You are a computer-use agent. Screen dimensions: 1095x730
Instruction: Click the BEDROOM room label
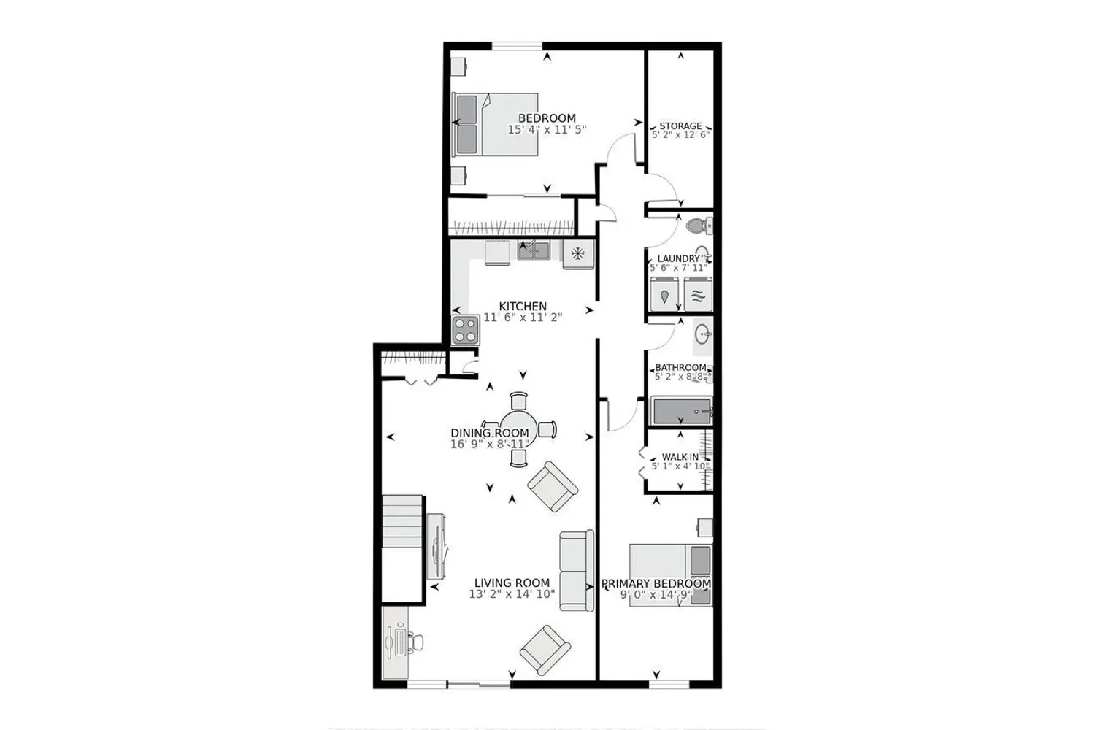click(547, 118)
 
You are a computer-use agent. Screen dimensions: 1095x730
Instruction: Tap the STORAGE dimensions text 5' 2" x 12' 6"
click(680, 134)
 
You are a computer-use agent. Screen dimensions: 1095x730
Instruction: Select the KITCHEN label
click(523, 306)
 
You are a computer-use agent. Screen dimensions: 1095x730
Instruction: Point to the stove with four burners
click(466, 330)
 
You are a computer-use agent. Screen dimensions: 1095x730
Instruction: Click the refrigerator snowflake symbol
click(578, 253)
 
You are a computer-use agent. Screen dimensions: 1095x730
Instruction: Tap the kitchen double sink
click(534, 250)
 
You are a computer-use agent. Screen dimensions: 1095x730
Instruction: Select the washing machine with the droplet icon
click(664, 294)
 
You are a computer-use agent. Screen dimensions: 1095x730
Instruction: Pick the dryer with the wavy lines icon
click(698, 294)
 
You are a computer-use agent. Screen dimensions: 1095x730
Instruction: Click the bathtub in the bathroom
click(681, 411)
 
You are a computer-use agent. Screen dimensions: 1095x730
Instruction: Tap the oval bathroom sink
click(702, 335)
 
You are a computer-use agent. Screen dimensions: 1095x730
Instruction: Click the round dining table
click(518, 429)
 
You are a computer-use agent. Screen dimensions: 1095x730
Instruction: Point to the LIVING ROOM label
click(512, 583)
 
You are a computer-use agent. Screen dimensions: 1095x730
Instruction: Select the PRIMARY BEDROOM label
click(656, 584)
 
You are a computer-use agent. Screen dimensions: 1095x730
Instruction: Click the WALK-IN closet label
click(680, 457)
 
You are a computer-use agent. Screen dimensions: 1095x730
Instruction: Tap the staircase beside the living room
click(401, 521)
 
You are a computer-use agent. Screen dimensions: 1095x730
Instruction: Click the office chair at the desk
click(416, 642)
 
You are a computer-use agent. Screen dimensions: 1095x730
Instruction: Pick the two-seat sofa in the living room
click(577, 571)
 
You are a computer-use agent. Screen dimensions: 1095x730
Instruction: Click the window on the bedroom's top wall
click(517, 46)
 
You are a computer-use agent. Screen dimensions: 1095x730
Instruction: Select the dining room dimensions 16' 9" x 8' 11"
click(490, 444)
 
